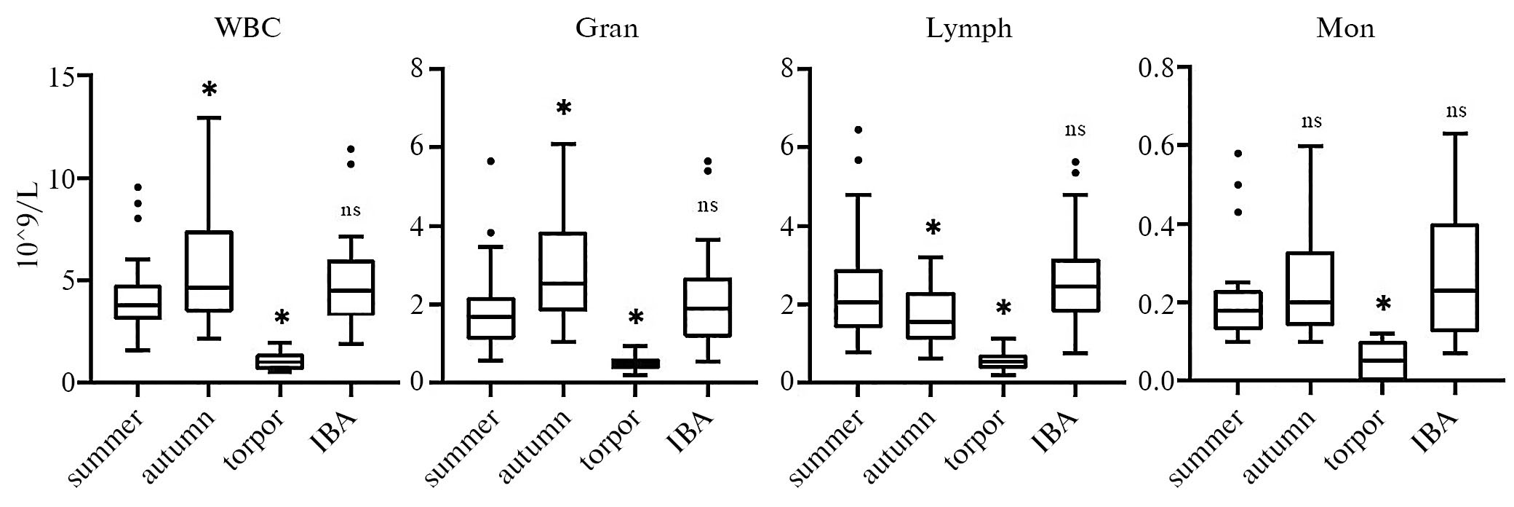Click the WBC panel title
[x=248, y=28]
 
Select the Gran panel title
[x=607, y=28]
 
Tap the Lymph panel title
[x=969, y=28]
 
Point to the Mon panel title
[x=1345, y=28]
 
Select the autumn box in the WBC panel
[x=210, y=271]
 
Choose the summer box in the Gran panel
[x=490, y=318]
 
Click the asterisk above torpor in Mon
[x=1382, y=304]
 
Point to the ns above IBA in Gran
[x=708, y=205]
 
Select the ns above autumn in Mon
[x=1310, y=121]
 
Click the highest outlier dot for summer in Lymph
[x=858, y=130]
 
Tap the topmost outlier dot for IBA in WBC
[x=350, y=149]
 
